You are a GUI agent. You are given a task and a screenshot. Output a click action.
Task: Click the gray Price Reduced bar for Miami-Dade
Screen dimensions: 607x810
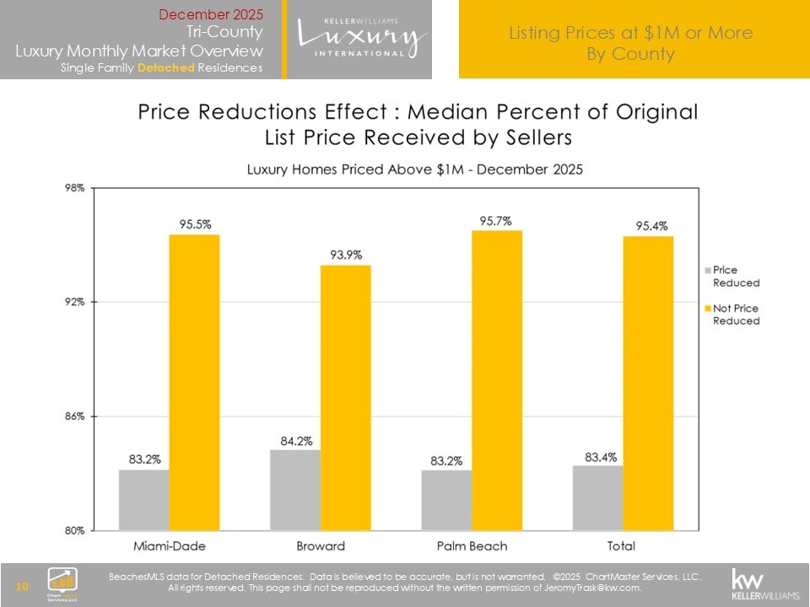[144, 500]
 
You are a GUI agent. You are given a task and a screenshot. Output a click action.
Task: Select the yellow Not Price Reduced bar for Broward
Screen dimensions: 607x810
[345, 397]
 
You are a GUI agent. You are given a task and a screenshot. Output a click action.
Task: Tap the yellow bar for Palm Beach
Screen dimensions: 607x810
[497, 380]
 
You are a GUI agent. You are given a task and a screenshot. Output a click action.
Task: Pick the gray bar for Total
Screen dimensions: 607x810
[598, 497]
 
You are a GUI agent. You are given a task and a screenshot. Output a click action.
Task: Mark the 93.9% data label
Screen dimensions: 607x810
[346, 255]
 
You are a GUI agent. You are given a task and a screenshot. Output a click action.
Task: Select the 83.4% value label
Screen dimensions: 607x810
[598, 456]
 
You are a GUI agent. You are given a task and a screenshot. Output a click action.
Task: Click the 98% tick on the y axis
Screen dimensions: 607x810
[74, 188]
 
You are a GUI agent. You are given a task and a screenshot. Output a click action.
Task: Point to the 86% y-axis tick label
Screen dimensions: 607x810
[74, 416]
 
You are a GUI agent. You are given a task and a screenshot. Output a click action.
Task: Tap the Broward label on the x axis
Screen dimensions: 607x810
[321, 545]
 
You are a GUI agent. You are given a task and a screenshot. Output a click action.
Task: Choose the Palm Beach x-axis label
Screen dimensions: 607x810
[472, 545]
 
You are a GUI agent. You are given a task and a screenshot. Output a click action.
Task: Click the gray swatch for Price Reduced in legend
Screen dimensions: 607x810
[707, 270]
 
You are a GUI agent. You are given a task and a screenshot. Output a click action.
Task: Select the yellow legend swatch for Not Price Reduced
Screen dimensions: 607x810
[707, 309]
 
